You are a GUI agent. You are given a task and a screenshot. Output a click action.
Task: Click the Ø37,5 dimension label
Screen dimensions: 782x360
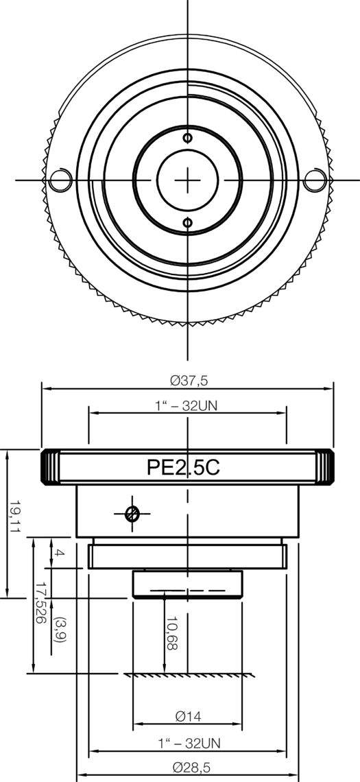pos(187,379)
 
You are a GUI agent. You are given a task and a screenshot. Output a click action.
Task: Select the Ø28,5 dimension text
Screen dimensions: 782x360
pos(187,768)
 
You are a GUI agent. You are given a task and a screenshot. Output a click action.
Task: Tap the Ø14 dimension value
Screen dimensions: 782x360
pos(187,717)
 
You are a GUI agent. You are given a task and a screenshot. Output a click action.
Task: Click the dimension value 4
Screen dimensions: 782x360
pos(59,553)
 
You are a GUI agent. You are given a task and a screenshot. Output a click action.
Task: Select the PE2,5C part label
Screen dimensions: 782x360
pos(183,467)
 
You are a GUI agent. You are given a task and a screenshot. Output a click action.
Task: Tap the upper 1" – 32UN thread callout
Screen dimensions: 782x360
pos(187,405)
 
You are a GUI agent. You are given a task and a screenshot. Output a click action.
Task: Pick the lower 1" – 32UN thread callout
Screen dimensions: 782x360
pos(187,743)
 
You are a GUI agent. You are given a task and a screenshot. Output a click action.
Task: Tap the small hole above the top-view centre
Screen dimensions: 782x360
pos(187,137)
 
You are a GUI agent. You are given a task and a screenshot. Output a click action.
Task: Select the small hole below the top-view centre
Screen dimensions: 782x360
pos(187,222)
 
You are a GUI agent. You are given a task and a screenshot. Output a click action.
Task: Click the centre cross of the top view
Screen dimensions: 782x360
pos(187,180)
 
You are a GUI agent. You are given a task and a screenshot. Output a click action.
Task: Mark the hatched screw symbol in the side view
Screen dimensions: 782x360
pos(133,513)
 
